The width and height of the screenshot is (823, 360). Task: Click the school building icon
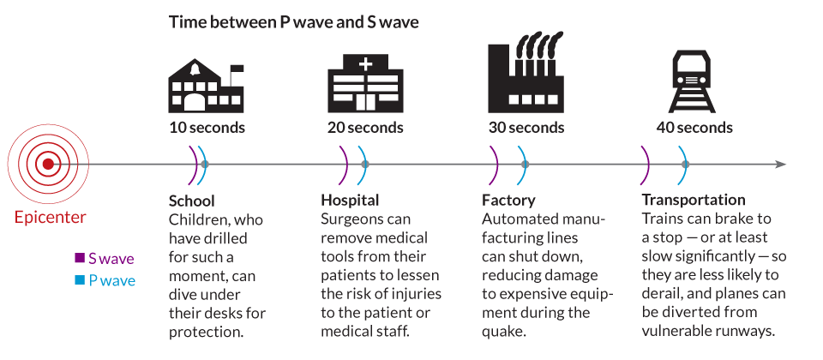tap(206, 87)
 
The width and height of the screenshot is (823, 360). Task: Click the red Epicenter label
tap(50, 217)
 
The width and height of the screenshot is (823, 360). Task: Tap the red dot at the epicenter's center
tap(49, 164)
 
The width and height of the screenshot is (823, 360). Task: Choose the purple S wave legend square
tap(80, 258)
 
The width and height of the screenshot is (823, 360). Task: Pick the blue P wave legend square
tap(80, 280)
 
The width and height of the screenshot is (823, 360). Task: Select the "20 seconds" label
tap(365, 128)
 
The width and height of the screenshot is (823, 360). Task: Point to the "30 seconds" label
tap(526, 128)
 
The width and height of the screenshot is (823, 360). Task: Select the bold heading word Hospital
tap(350, 201)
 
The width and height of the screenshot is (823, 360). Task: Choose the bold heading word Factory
tap(508, 201)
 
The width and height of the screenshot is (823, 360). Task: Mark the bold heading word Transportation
tap(694, 201)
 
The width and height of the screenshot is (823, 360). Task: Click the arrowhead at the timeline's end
tap(780, 164)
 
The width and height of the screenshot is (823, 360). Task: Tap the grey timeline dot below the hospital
tap(365, 164)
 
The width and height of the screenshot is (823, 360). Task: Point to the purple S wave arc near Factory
tap(496, 164)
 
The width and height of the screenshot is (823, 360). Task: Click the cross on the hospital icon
tap(366, 64)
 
